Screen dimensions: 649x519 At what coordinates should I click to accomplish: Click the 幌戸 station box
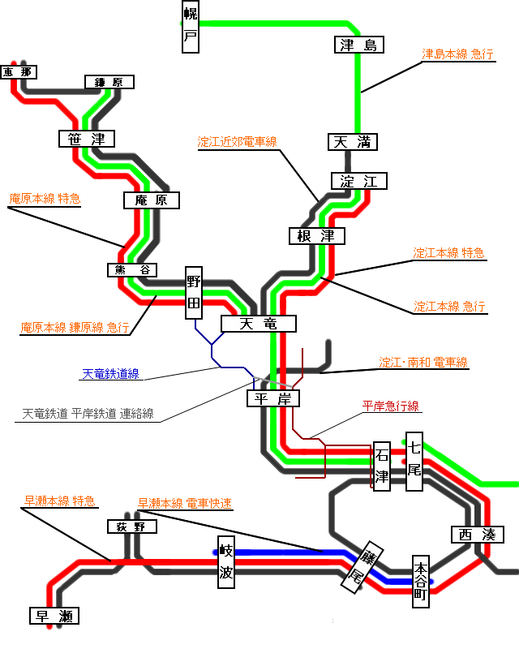190,26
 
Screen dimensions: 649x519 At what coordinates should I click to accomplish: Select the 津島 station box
358,45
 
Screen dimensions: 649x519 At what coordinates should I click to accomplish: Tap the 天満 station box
353,142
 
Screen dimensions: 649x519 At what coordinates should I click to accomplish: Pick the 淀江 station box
359,181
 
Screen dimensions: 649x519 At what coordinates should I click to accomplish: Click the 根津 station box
316,236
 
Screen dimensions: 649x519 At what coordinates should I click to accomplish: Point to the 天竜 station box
259,324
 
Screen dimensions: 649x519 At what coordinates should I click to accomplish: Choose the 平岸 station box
273,398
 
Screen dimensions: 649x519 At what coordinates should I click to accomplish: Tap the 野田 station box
194,292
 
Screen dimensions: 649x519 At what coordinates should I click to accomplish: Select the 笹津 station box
87,139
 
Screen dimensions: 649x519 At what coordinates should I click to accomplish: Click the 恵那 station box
18,72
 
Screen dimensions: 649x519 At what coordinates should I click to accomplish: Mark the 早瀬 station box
54,617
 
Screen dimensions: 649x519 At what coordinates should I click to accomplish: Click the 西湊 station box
477,535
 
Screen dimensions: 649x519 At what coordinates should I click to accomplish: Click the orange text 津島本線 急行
458,54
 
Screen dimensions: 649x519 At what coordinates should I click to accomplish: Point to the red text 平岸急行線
391,406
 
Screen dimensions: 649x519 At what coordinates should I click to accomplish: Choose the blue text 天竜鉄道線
110,374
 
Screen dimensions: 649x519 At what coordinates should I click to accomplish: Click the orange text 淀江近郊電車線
237,141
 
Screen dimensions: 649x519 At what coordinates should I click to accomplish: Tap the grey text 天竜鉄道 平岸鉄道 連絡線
88,414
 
